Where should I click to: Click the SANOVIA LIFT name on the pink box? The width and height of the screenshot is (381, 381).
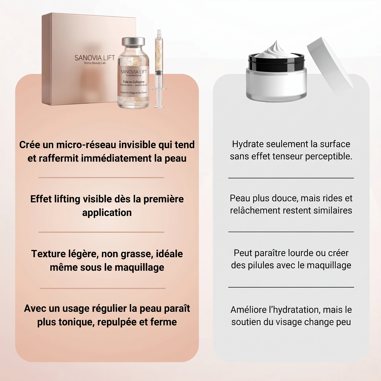click(x=95, y=58)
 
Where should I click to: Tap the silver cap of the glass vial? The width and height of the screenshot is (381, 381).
click(x=133, y=42)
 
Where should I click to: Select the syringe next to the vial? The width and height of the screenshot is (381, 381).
click(x=159, y=69)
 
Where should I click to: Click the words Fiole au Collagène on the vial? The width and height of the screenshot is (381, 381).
click(x=134, y=82)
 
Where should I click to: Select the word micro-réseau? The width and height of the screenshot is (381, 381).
click(x=86, y=145)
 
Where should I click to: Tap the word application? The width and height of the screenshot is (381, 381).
click(x=107, y=213)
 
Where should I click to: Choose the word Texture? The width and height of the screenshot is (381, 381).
click(x=46, y=254)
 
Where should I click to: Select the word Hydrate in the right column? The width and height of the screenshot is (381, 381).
click(x=248, y=144)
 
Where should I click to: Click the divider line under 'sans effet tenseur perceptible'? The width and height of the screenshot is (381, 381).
click(x=291, y=178)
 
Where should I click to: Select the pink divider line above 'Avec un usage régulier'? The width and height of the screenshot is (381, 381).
click(x=103, y=288)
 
